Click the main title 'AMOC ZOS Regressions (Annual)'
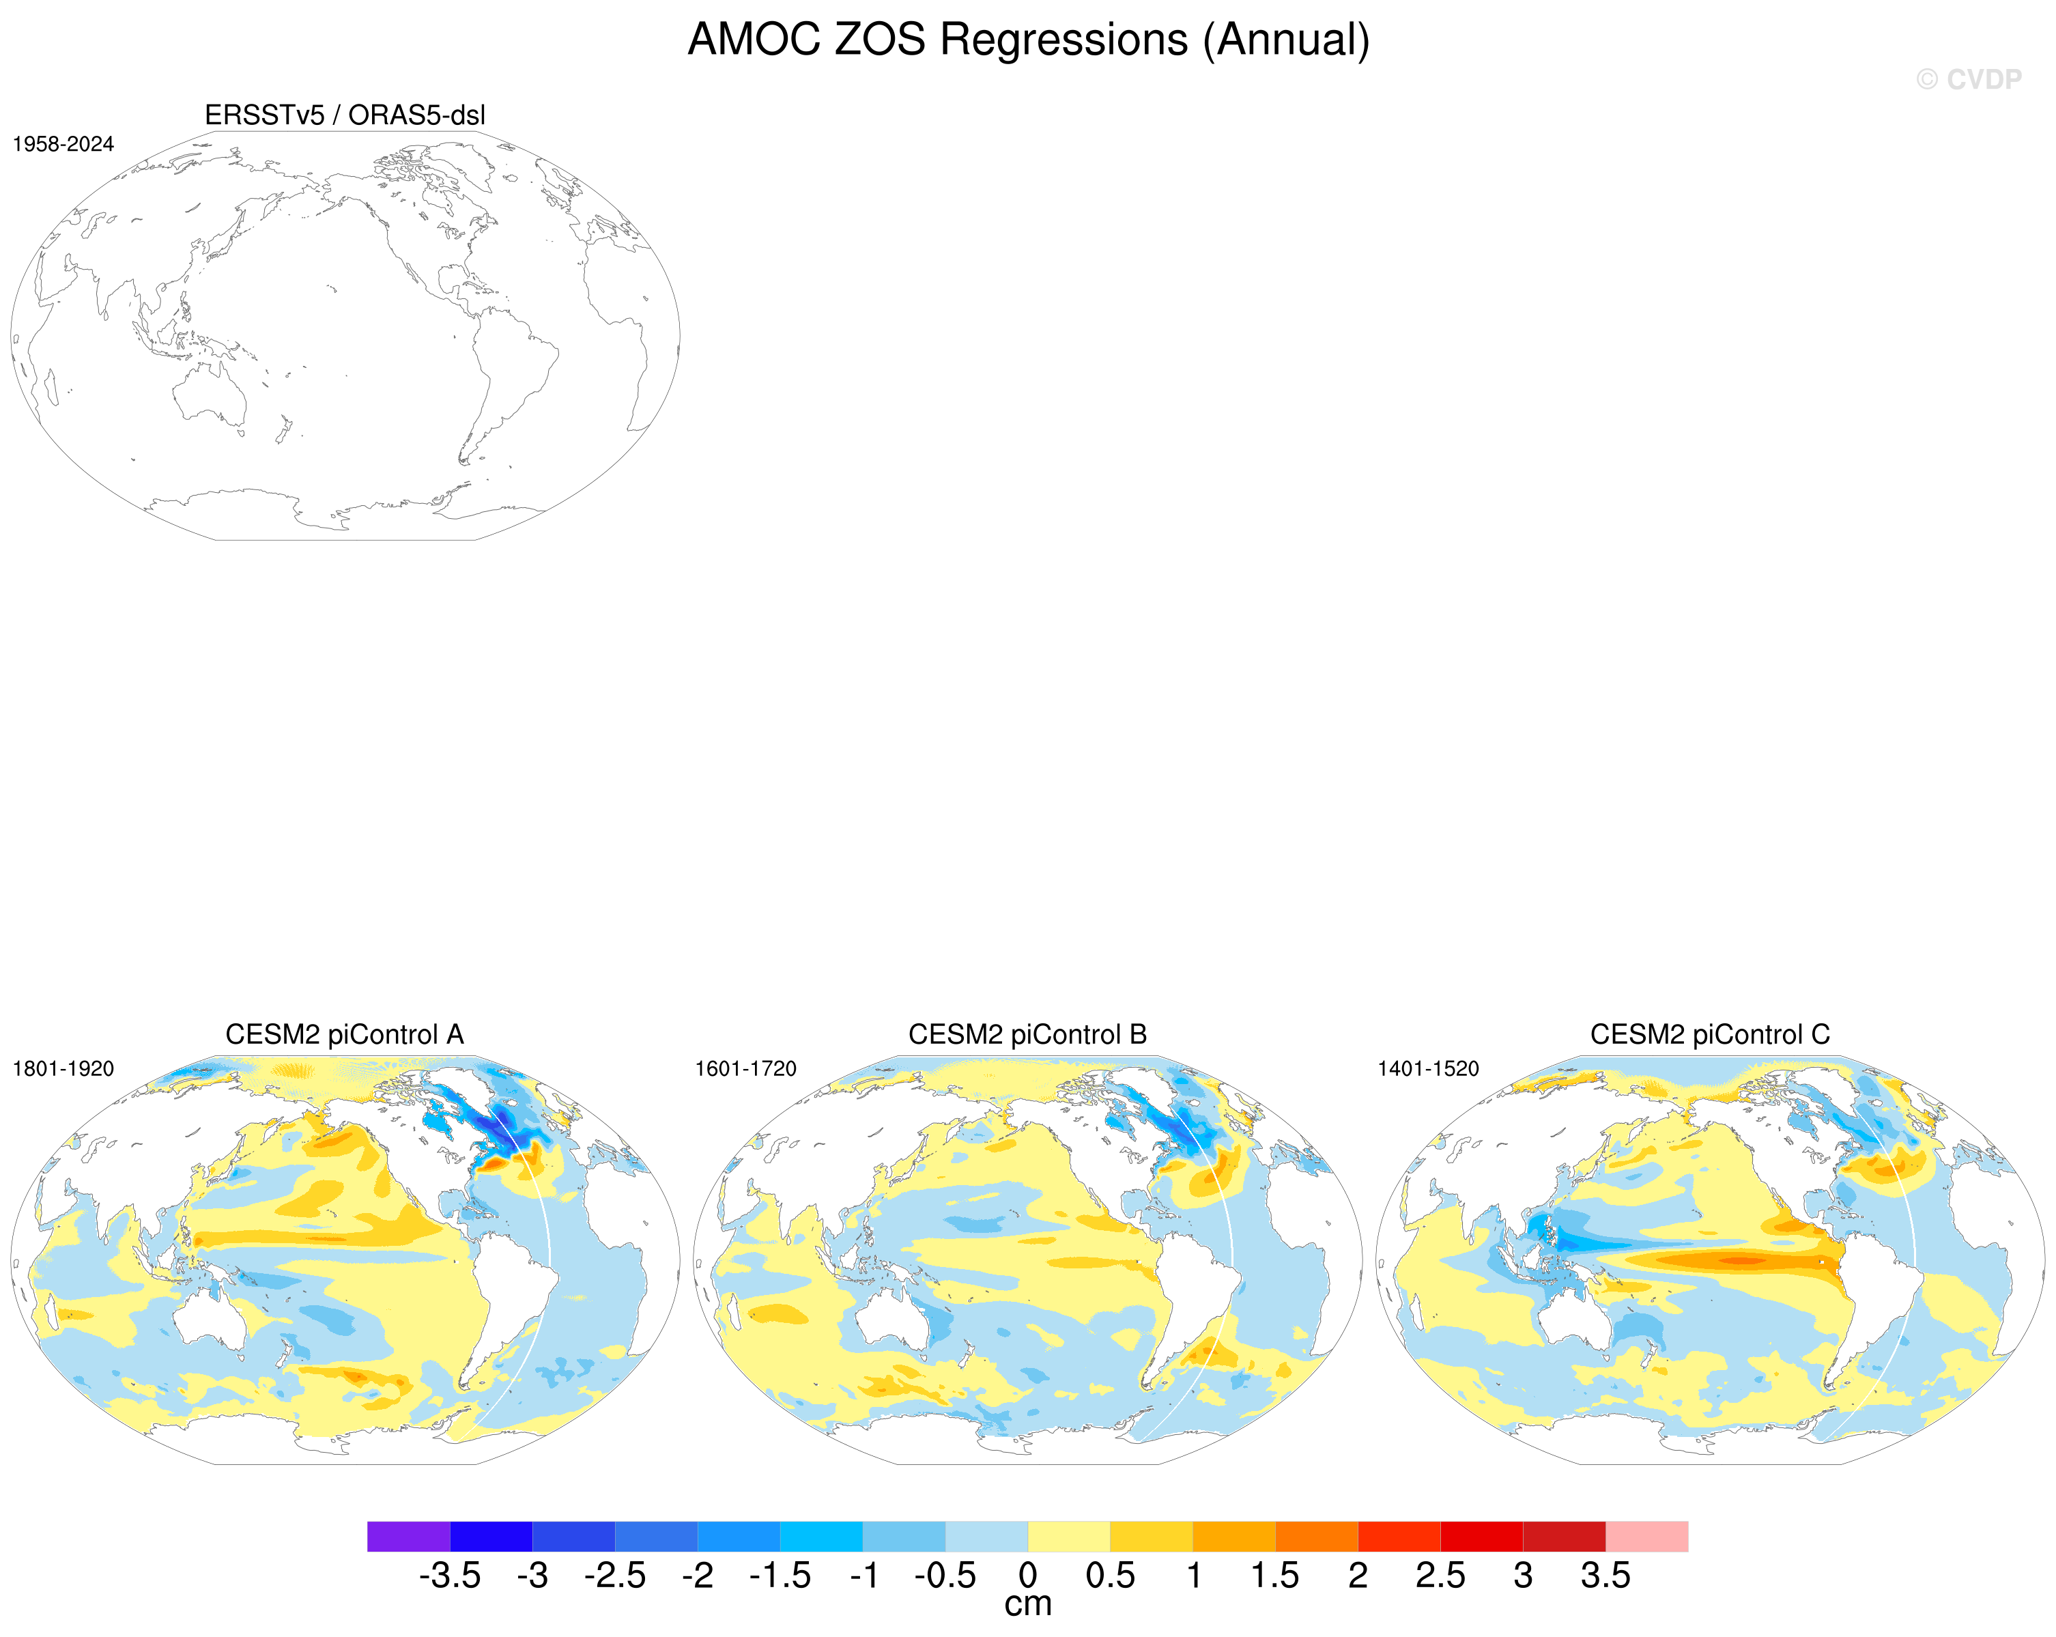(1028, 40)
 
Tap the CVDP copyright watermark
(1968, 80)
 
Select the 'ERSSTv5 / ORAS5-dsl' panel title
(345, 115)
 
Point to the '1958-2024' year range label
(63, 144)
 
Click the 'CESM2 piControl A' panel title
(344, 1034)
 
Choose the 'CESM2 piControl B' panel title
(1027, 1034)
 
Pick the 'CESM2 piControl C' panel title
(1710, 1034)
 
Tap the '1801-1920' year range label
(63, 1068)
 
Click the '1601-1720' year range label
(745, 1068)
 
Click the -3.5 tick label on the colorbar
(449, 1575)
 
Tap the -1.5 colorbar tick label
(780, 1575)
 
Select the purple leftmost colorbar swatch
(408, 1536)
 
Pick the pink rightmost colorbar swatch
(1647, 1536)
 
